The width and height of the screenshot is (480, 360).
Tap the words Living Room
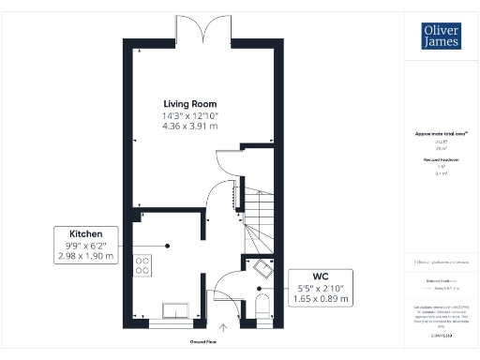point(189,103)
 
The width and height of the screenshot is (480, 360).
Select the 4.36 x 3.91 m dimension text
point(189,126)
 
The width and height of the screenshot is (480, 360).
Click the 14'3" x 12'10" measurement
point(189,114)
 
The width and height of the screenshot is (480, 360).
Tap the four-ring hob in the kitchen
point(143,265)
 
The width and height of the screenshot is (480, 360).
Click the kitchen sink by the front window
point(176,309)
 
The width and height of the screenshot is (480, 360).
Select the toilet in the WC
point(262,306)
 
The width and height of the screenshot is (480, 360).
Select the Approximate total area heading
point(439,133)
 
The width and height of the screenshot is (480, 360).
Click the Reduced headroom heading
point(439,160)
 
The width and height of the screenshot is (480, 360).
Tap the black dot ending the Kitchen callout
point(168,245)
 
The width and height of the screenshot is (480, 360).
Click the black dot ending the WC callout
point(258,289)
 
